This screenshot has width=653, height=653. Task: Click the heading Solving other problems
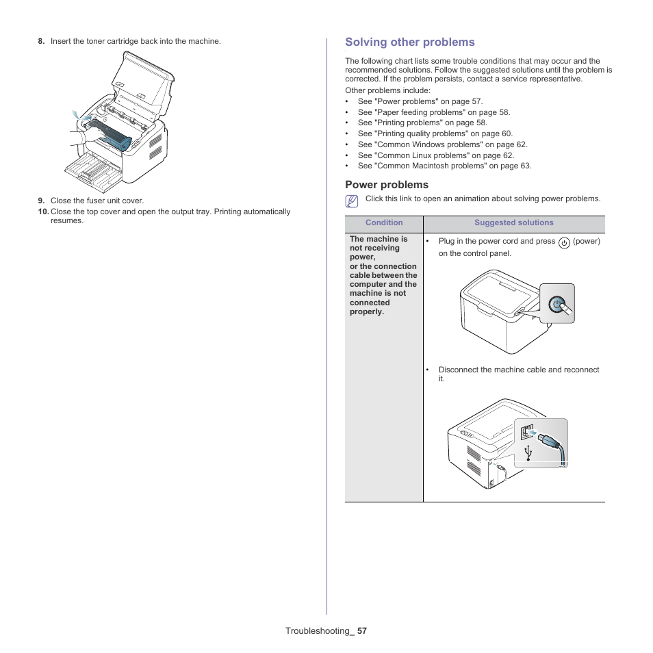[409, 42]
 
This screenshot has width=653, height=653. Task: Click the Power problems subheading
[386, 185]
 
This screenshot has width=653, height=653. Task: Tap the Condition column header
[384, 223]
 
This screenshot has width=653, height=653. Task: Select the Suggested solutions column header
[513, 223]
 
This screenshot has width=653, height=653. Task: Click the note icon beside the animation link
[352, 201]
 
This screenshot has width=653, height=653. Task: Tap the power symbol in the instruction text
[564, 242]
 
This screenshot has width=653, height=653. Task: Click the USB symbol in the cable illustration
[528, 452]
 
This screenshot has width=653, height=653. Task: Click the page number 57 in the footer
[361, 631]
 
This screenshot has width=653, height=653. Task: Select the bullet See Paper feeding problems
[433, 112]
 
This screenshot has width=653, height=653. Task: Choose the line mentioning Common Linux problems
[435, 155]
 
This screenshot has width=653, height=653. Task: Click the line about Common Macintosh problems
[444, 166]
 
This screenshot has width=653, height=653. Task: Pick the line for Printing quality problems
[435, 134]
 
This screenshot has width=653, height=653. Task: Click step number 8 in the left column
[41, 42]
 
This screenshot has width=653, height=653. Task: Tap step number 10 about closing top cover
[43, 212]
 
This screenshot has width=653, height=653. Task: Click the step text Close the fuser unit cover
[97, 201]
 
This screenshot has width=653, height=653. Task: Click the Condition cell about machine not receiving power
[383, 275]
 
